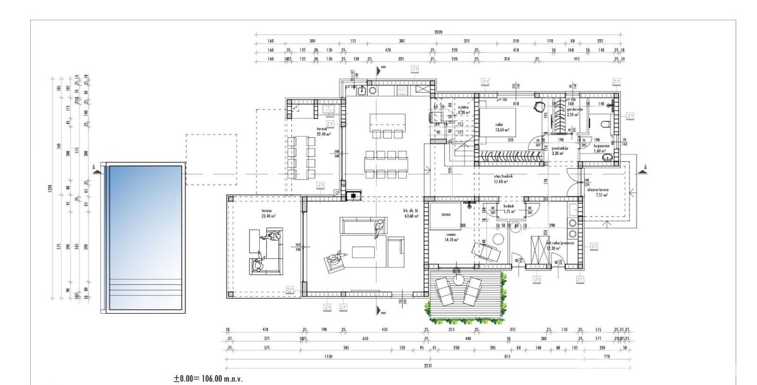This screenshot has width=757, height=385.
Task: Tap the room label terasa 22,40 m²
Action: (x=324, y=132)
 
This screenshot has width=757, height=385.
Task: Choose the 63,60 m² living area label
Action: (x=411, y=213)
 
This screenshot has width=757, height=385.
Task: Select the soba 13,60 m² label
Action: (x=502, y=127)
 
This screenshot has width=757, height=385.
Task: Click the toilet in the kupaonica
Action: (x=607, y=124)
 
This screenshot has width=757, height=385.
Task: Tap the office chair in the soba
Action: (x=539, y=106)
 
